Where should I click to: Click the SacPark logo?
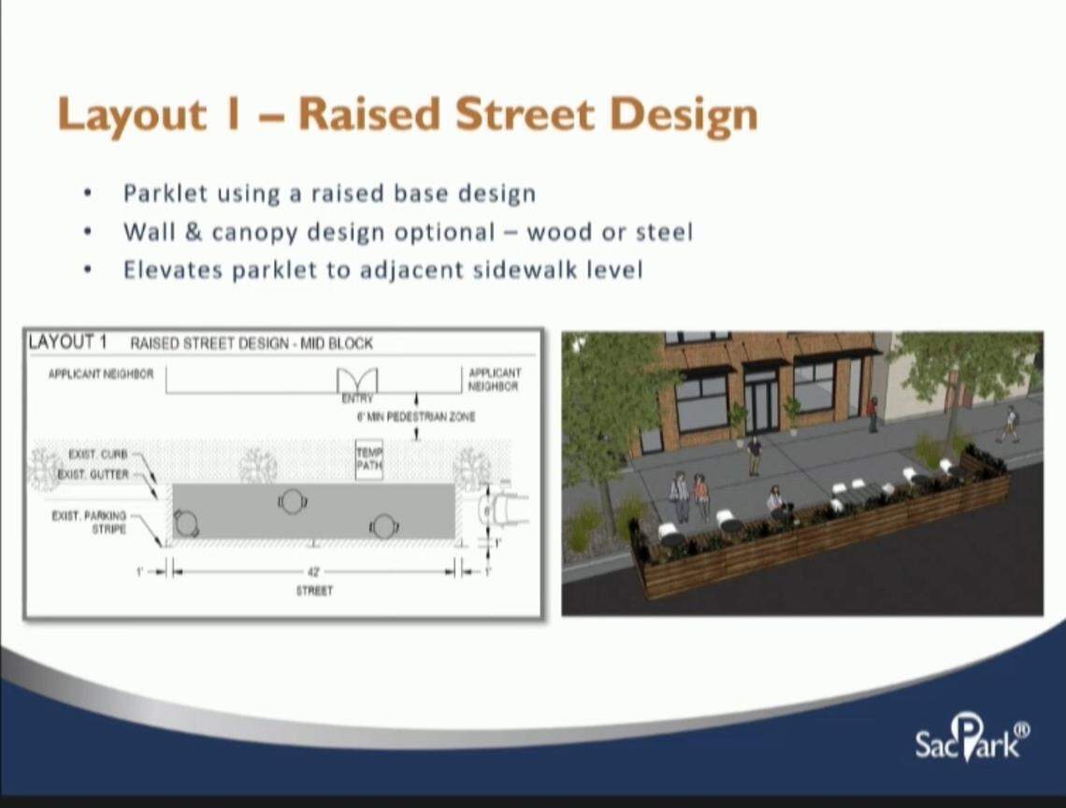pyautogui.click(x=972, y=738)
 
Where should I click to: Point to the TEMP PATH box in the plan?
pyautogui.click(x=368, y=459)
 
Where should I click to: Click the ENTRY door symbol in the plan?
pyautogui.click(x=357, y=381)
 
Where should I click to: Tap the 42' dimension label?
pyautogui.click(x=314, y=570)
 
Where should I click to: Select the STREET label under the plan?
pyautogui.click(x=314, y=591)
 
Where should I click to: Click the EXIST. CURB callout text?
pyautogui.click(x=97, y=454)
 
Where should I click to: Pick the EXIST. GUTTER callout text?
pyautogui.click(x=93, y=474)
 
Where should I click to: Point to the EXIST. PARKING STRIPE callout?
pyautogui.click(x=92, y=522)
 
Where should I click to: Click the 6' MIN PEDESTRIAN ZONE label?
pyautogui.click(x=415, y=416)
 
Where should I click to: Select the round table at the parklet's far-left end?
pyautogui.click(x=185, y=525)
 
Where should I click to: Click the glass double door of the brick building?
pyautogui.click(x=759, y=401)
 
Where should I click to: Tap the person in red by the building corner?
pyautogui.click(x=872, y=413)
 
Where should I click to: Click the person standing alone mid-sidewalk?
pyautogui.click(x=754, y=455)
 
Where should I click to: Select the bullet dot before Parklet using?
pyautogui.click(x=87, y=195)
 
